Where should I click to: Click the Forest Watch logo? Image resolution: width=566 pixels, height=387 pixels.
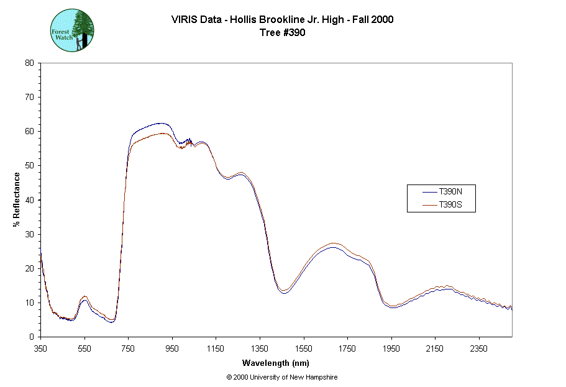(71, 30)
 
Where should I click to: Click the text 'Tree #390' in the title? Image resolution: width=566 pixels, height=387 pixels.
(282, 33)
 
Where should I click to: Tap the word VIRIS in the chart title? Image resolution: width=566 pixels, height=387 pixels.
(185, 20)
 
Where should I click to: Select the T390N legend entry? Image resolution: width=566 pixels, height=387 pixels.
(450, 192)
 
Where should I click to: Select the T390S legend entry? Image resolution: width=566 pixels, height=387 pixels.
(450, 204)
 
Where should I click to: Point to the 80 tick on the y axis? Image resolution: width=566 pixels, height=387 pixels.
(29, 63)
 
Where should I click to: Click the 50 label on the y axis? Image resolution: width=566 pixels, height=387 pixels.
(29, 166)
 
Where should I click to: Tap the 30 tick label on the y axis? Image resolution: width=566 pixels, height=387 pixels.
(29, 234)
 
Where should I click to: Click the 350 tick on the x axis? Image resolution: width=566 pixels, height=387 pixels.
(40, 348)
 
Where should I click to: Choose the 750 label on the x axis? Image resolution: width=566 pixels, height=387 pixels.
(128, 348)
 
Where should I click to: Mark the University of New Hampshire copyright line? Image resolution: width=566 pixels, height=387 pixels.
(282, 377)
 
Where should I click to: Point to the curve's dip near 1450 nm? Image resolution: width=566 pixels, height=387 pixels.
(284, 291)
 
